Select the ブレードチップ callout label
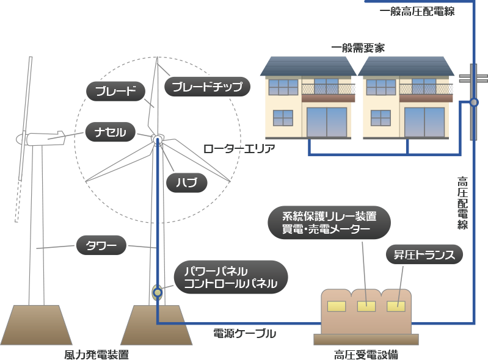pos(208,87)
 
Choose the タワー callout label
pos(101,247)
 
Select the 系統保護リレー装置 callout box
pos(329,221)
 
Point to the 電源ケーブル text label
pos(244,333)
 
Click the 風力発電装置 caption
pos(97,354)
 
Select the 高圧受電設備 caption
pos(366,354)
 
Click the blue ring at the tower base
pos(158,292)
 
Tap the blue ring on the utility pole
pos(474,104)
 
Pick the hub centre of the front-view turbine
pos(157,140)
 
